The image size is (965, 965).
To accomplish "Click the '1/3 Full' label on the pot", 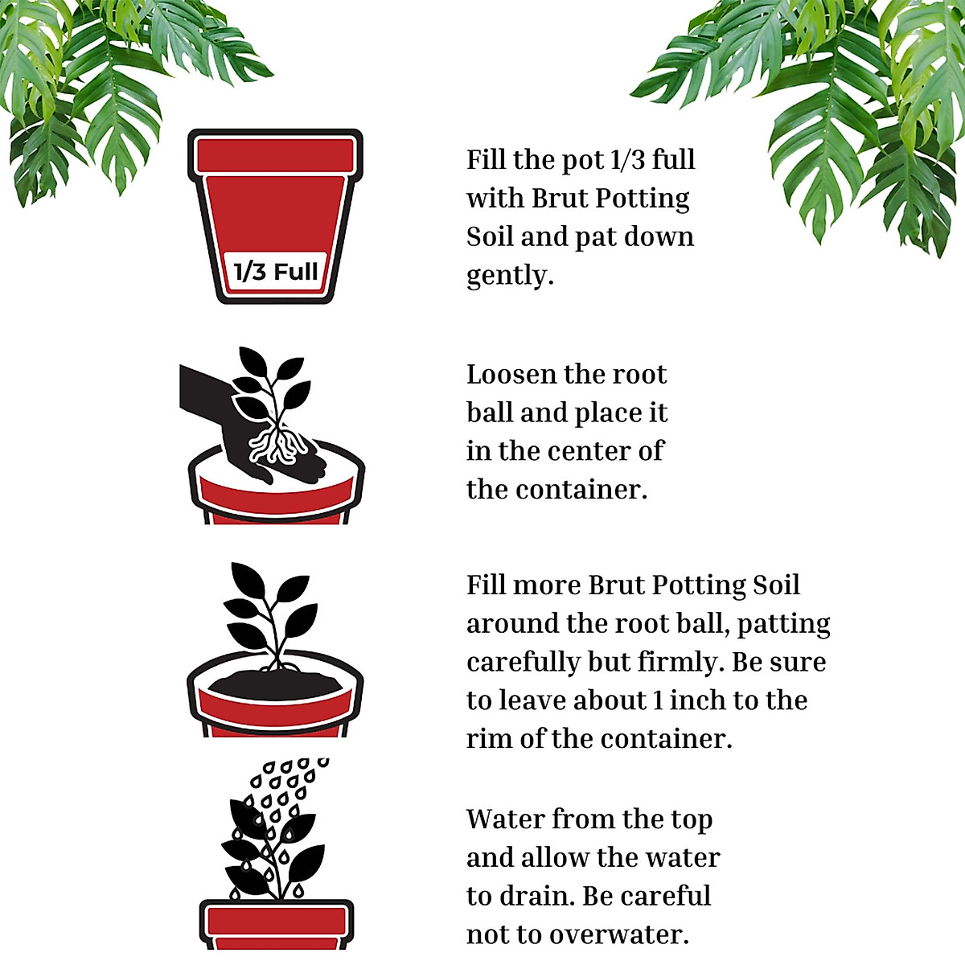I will [275, 271].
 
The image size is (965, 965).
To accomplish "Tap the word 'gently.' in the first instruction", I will [510, 276].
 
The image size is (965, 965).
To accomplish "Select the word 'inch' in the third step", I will [700, 700].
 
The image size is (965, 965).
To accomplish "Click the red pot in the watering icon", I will [276, 925].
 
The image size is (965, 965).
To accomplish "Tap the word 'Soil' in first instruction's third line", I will [490, 237].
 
